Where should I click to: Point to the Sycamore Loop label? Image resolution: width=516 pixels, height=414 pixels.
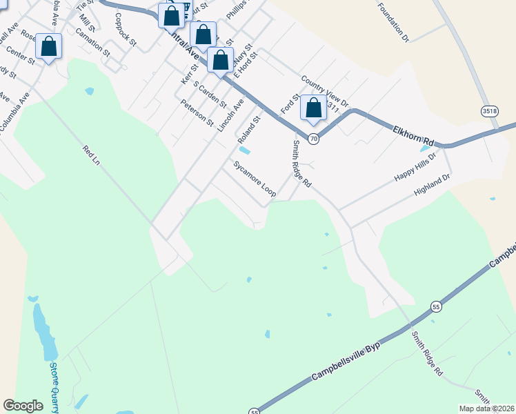pos(255,179)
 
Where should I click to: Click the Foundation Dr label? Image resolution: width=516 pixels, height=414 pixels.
pos(394,21)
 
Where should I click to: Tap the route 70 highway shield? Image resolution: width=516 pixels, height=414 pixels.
pos(314,139)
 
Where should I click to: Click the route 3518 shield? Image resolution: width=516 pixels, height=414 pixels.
pos(490,110)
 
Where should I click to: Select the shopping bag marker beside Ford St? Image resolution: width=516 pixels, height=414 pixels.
pos(313,108)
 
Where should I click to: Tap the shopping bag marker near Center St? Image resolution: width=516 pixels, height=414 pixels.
pos(49,47)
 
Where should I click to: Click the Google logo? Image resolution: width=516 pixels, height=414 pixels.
pos(23,406)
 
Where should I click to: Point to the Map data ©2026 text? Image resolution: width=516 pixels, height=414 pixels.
pos(484,408)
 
